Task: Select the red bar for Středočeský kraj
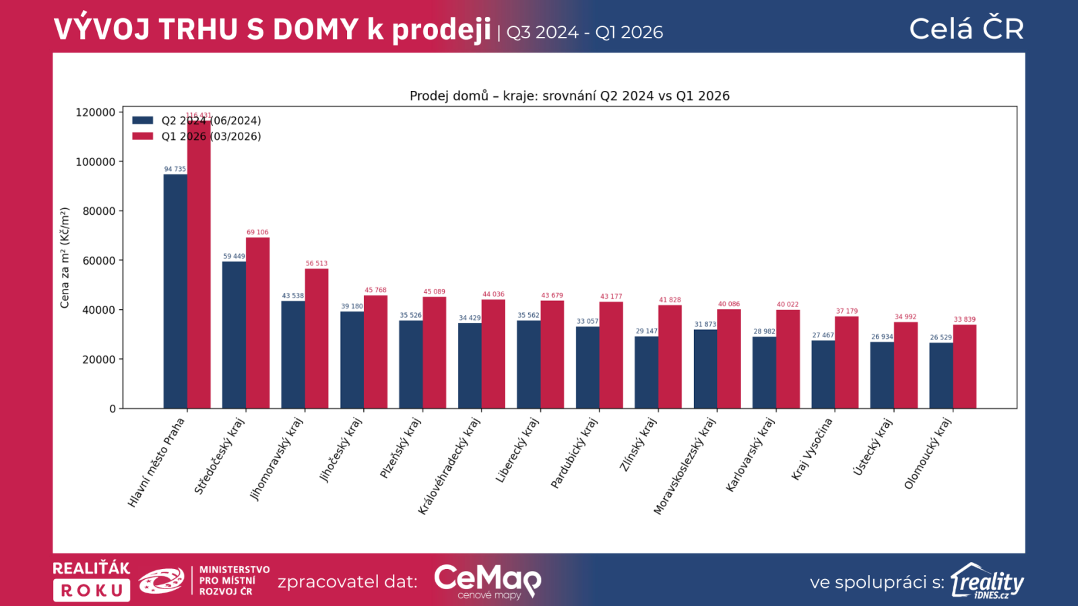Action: pyautogui.click(x=257, y=323)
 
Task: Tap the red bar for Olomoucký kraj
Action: pyautogui.click(x=964, y=366)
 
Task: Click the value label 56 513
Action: pyautogui.click(x=316, y=263)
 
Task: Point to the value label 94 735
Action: pyautogui.click(x=175, y=169)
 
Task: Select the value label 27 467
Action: pyautogui.click(x=823, y=335)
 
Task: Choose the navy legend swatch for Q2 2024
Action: pyautogui.click(x=143, y=121)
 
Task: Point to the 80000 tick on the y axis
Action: pyautogui.click(x=99, y=211)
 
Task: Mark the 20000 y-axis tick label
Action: pyautogui.click(x=99, y=360)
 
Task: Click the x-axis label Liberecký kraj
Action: pyautogui.click(x=517, y=450)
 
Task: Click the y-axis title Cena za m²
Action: pyautogui.click(x=65, y=258)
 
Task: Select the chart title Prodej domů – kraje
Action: pyautogui.click(x=569, y=96)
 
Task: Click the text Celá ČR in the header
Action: pyautogui.click(x=966, y=29)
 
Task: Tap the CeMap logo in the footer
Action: pyautogui.click(x=487, y=580)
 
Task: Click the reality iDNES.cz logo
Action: pyautogui.click(x=987, y=581)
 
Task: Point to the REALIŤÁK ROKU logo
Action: pyautogui.click(x=91, y=580)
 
